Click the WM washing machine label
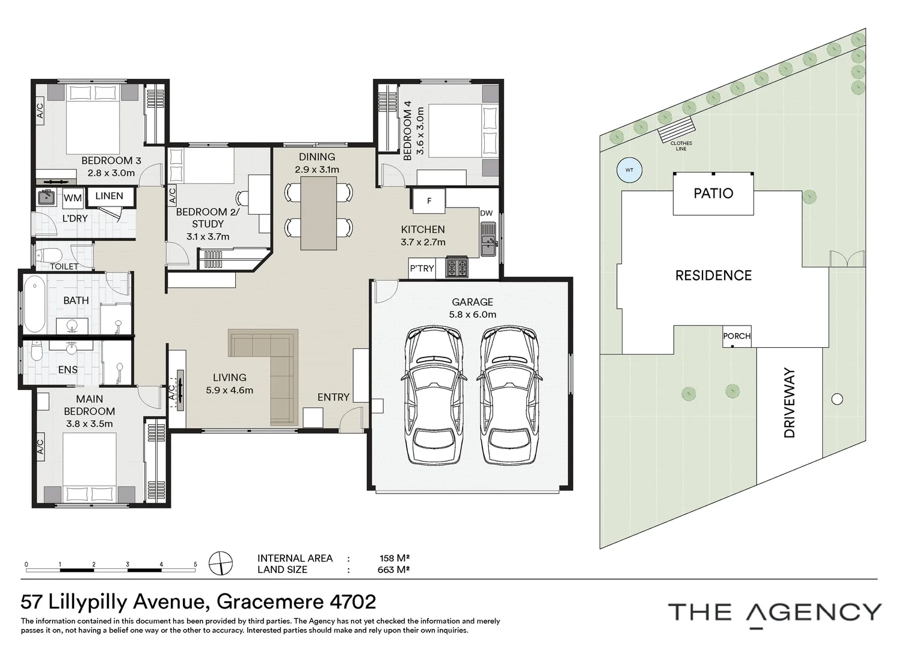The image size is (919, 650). click(73, 199)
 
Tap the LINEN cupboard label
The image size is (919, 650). click(109, 196)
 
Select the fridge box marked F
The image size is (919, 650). click(429, 201)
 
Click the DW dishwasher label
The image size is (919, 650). click(486, 213)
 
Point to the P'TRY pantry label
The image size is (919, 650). click(422, 268)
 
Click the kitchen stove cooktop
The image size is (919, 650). click(456, 267)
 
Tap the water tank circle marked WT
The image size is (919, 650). click(629, 170)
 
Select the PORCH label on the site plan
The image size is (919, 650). click(737, 336)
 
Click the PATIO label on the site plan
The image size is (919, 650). click(713, 193)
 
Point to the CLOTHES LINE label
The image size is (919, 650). click(681, 146)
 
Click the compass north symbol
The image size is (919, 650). click(221, 563)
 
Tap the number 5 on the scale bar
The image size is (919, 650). click(195, 565)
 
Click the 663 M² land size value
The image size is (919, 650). click(393, 569)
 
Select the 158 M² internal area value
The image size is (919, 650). click(395, 559)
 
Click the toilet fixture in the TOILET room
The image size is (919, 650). click(48, 255)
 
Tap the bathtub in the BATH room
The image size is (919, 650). click(34, 304)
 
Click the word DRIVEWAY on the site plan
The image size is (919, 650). click(789, 403)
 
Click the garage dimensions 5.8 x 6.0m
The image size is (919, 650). click(473, 315)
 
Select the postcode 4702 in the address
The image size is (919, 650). click(353, 602)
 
